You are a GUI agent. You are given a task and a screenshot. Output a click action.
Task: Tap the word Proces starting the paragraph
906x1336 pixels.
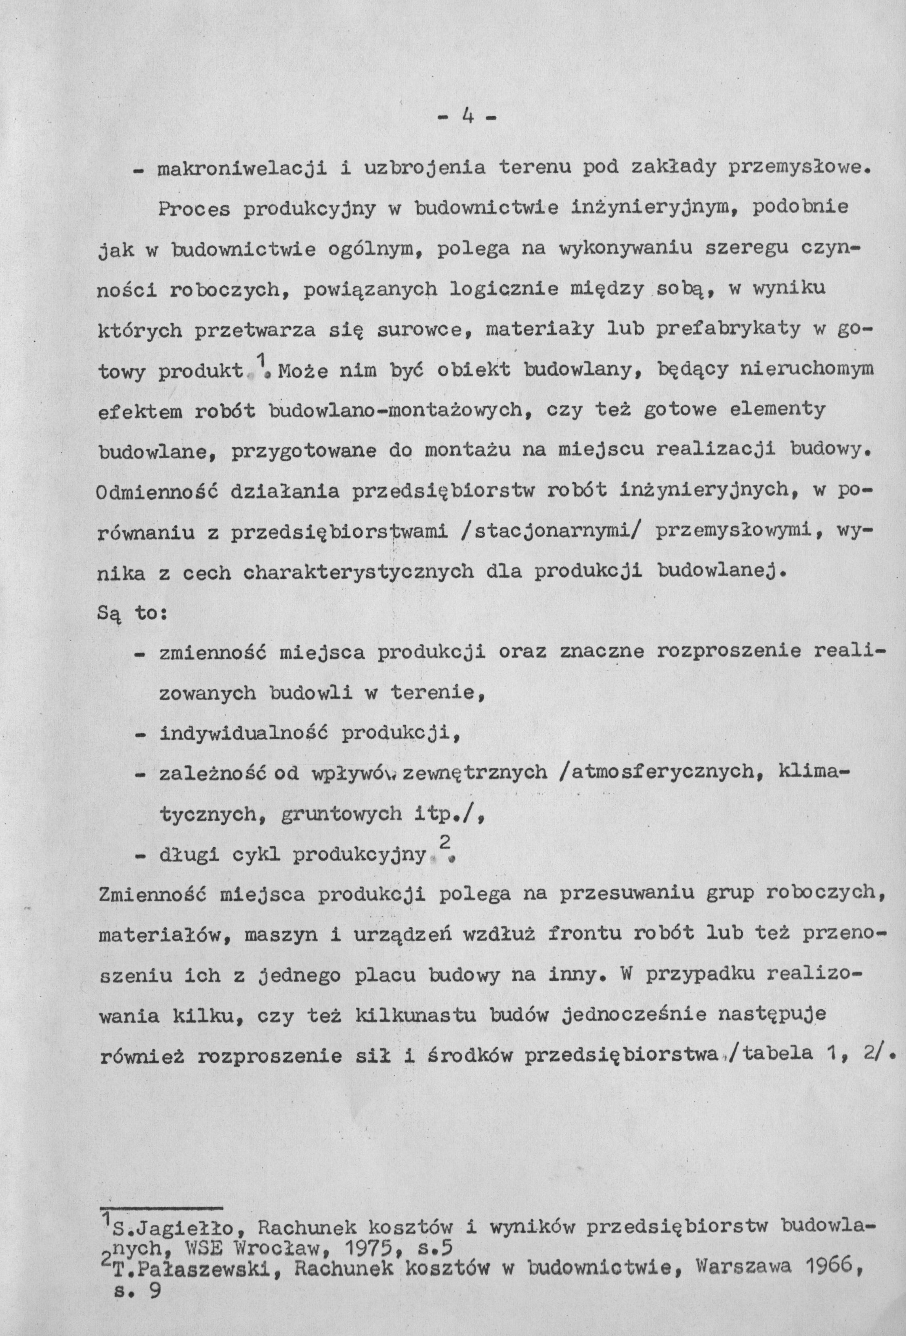[194, 209]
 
